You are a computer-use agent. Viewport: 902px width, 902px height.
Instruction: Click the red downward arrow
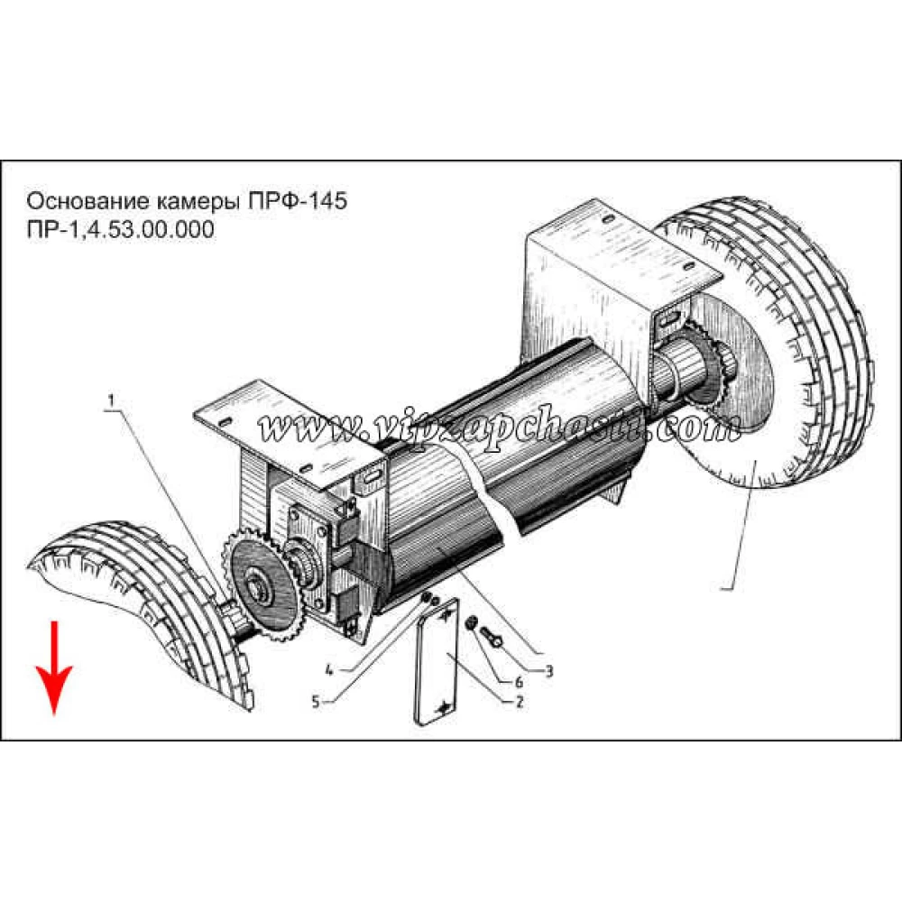[x=54, y=667]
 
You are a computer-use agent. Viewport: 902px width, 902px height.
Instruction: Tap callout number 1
[x=112, y=400]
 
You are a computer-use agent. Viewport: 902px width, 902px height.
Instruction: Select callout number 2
[x=520, y=702]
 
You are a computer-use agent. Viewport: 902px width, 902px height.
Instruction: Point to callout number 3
[x=548, y=671]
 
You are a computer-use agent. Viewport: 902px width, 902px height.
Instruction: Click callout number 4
[x=329, y=670]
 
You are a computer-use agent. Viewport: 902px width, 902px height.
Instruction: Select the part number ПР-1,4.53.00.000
[x=120, y=229]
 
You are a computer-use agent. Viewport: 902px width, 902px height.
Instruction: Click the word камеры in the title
[x=199, y=202]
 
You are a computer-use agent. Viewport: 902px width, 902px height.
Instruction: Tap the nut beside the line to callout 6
[x=471, y=622]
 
